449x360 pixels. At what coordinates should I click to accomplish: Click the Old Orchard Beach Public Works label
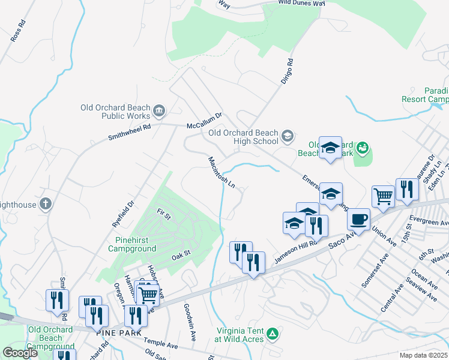coord(116,112)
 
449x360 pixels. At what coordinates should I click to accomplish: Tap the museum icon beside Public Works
coord(160,110)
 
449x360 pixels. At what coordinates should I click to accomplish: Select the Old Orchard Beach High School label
coord(243,137)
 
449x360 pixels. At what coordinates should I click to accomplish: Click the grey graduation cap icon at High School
coord(288,136)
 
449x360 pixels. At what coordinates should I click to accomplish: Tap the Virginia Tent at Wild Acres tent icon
coord(273,333)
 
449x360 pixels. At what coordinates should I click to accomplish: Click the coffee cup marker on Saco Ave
coord(358,220)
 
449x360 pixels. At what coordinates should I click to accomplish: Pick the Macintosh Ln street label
coord(221,173)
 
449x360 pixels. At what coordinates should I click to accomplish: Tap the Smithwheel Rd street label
coord(128,131)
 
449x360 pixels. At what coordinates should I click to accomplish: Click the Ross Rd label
coord(18,31)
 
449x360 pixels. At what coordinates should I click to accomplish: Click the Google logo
coord(20,352)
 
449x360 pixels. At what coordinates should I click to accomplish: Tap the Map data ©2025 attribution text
coord(424,355)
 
